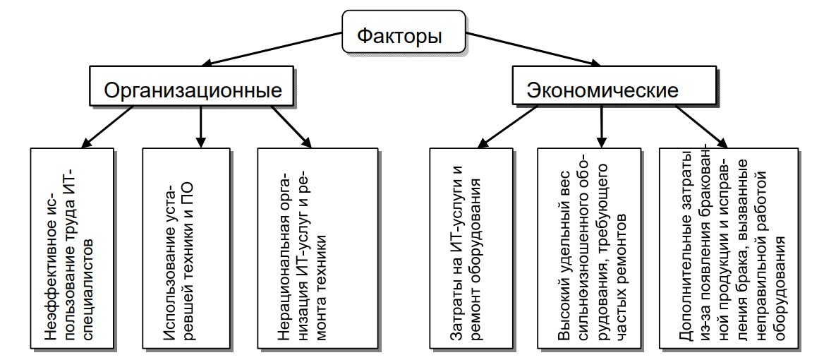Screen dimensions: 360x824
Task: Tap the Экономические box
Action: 602,90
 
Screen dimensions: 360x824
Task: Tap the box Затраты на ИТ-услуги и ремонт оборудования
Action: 476,248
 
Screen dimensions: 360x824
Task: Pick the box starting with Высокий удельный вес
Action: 596,248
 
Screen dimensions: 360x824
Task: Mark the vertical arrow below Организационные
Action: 200,127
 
